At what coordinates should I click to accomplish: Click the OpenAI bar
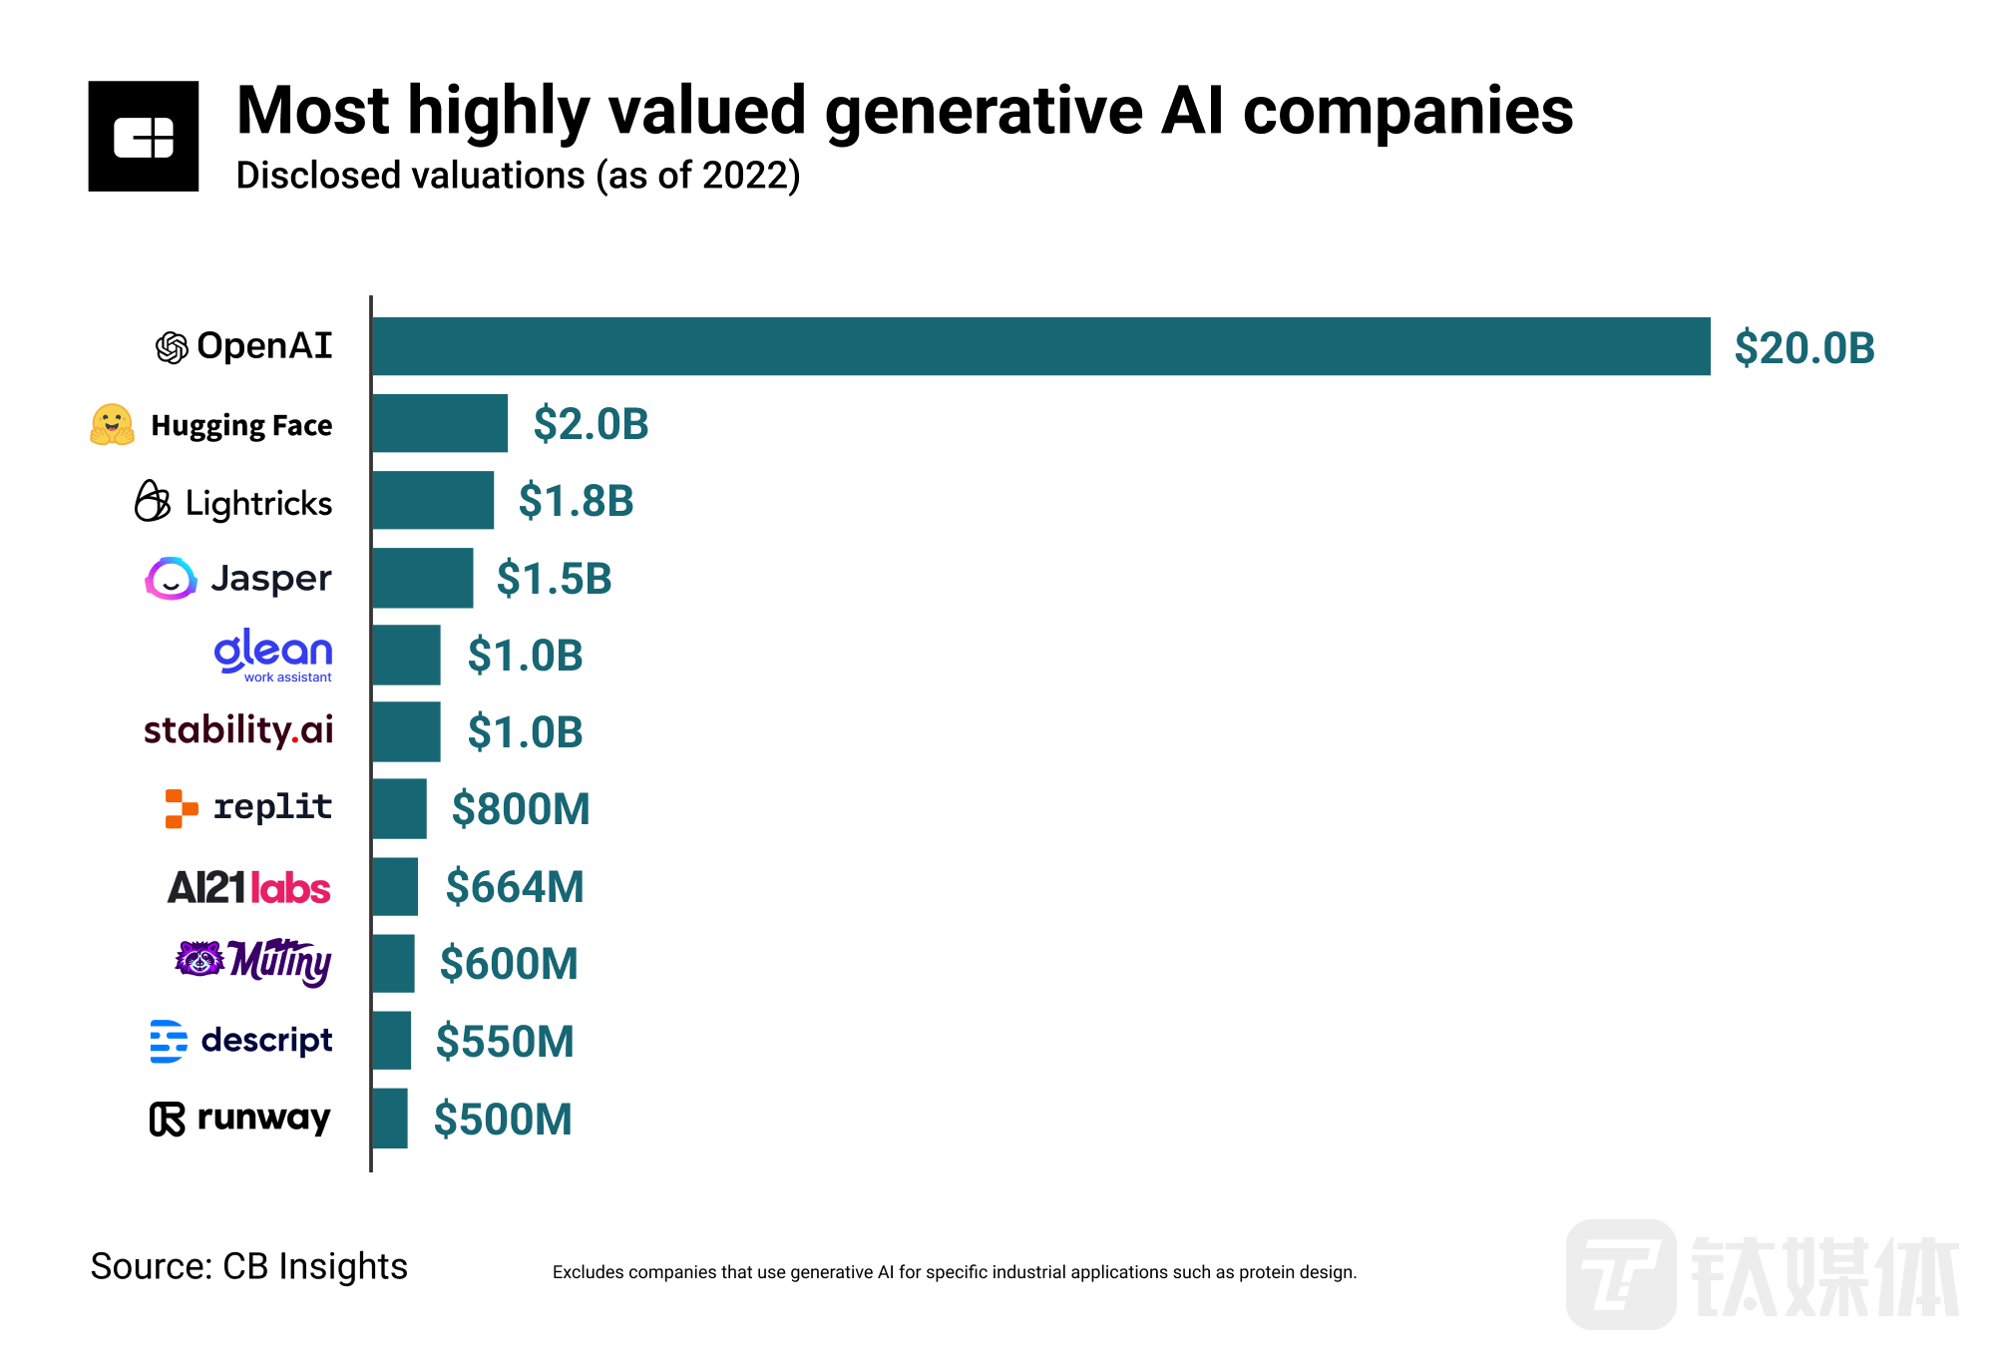[1040, 346]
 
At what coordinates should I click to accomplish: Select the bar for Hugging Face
[439, 423]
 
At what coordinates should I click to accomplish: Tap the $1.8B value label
[576, 501]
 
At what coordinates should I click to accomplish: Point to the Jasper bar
[422, 578]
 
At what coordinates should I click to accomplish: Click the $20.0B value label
[1803, 348]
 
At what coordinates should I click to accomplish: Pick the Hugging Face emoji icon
[112, 425]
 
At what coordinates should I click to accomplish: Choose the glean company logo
[272, 655]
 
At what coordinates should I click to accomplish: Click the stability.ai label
[238, 730]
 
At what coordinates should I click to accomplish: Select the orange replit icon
[181, 808]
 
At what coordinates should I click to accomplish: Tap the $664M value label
[515, 886]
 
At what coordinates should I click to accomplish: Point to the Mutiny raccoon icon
[200, 959]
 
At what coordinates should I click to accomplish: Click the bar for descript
[391, 1041]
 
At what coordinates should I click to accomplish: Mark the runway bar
[389, 1119]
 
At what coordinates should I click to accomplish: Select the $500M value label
[503, 1120]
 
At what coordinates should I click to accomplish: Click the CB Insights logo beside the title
[144, 137]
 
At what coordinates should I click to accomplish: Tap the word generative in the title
[984, 111]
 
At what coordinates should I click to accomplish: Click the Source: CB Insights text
[249, 1266]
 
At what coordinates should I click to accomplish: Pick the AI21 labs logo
[248, 887]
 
